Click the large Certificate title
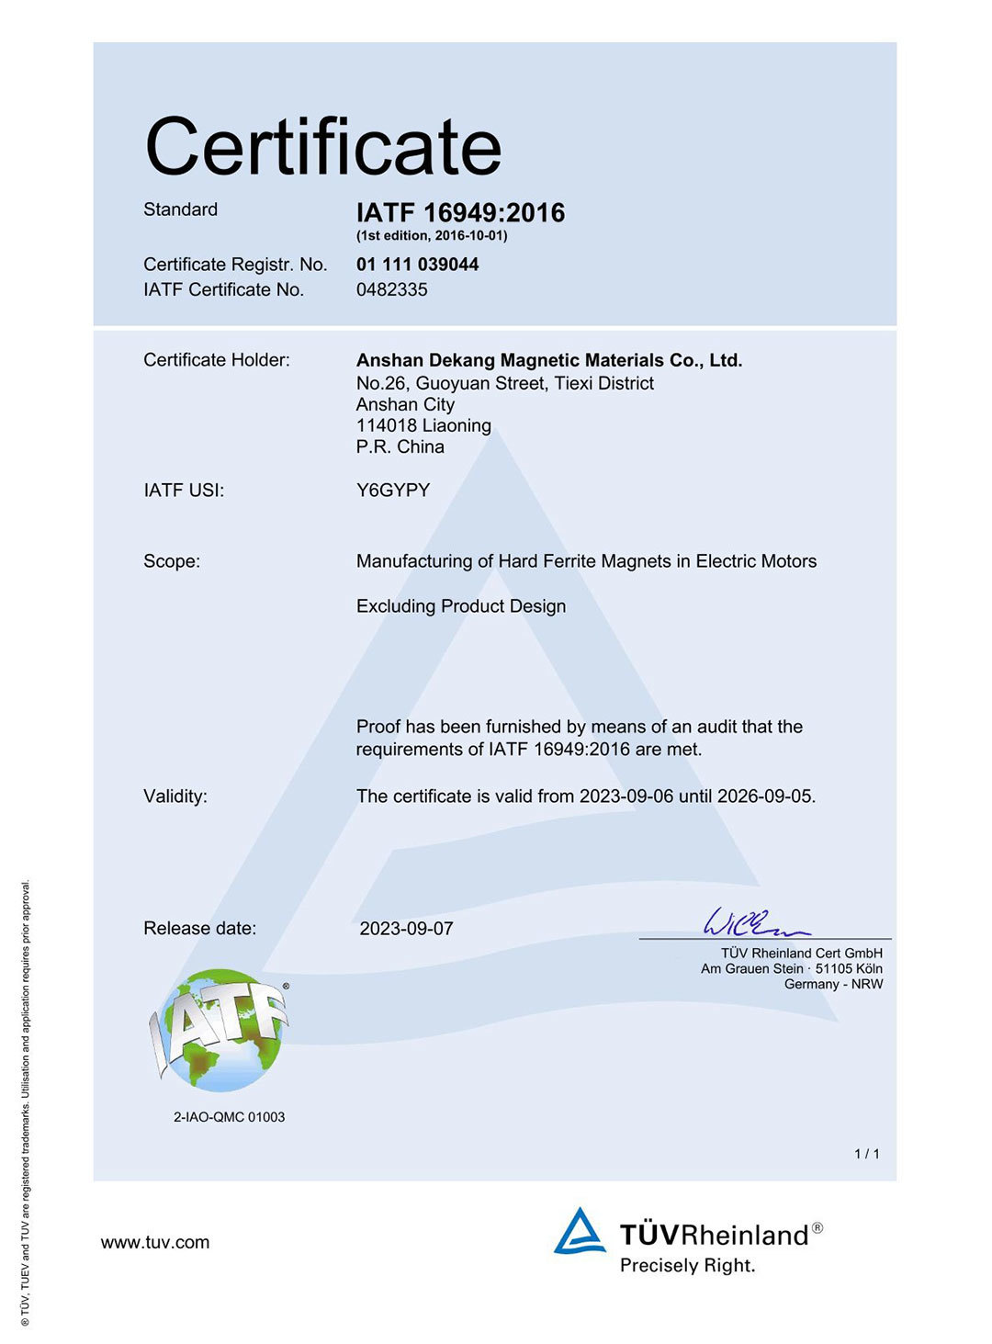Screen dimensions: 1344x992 pyautogui.click(x=323, y=147)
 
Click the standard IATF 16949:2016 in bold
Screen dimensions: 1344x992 pyautogui.click(x=460, y=213)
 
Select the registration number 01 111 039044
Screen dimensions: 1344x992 pyautogui.click(x=417, y=265)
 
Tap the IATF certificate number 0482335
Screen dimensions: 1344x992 pyautogui.click(x=391, y=289)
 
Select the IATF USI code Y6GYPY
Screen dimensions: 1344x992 pyautogui.click(x=392, y=490)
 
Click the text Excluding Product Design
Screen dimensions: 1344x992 pyautogui.click(x=460, y=606)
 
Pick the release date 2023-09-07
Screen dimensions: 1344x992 pyautogui.click(x=406, y=929)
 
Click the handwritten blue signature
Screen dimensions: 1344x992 pyautogui.click(x=753, y=921)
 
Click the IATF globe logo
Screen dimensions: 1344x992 pyautogui.click(x=220, y=1030)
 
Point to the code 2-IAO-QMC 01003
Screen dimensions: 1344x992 pyautogui.click(x=229, y=1117)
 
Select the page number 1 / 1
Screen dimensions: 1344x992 pyautogui.click(x=866, y=1154)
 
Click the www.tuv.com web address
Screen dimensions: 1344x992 pyautogui.click(x=155, y=1242)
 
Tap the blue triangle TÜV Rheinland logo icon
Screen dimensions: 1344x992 pyautogui.click(x=580, y=1231)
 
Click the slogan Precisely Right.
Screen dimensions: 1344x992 pyautogui.click(x=687, y=1266)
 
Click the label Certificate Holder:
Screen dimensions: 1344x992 pyautogui.click(x=216, y=360)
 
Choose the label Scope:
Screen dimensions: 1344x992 pyautogui.click(x=171, y=561)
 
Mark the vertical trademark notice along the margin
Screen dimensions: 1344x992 pyautogui.click(x=26, y=1102)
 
